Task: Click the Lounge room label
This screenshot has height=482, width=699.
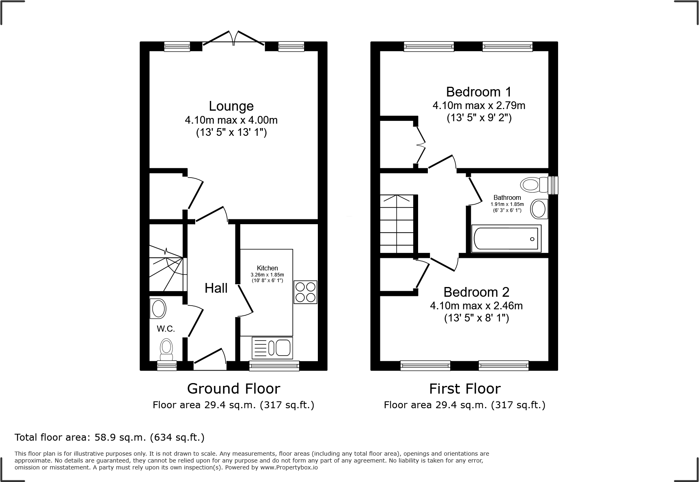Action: pyautogui.click(x=231, y=106)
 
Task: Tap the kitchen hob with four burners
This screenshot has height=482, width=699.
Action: pyautogui.click(x=305, y=292)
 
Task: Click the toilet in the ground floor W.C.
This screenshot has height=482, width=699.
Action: pyautogui.click(x=166, y=349)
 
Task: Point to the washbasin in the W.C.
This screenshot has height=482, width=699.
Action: pyautogui.click(x=158, y=309)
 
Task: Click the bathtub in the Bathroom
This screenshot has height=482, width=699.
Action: pyautogui.click(x=506, y=238)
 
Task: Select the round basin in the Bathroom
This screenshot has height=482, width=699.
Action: pyautogui.click(x=539, y=209)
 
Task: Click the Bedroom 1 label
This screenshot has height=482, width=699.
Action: pyautogui.click(x=479, y=92)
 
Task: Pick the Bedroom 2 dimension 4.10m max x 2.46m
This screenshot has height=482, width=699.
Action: pyautogui.click(x=476, y=306)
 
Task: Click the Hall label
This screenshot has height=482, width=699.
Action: pyautogui.click(x=216, y=288)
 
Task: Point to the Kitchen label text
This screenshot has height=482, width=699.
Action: pyautogui.click(x=267, y=268)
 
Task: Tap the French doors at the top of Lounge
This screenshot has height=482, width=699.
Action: pyautogui.click(x=234, y=39)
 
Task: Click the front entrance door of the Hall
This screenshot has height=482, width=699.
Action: pyautogui.click(x=210, y=358)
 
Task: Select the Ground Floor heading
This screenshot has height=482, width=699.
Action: pyautogui.click(x=233, y=388)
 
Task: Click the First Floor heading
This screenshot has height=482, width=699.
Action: pyautogui.click(x=465, y=388)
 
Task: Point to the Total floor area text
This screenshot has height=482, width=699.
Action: pyautogui.click(x=110, y=437)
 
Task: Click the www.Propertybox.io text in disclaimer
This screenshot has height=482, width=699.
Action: pyautogui.click(x=289, y=467)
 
